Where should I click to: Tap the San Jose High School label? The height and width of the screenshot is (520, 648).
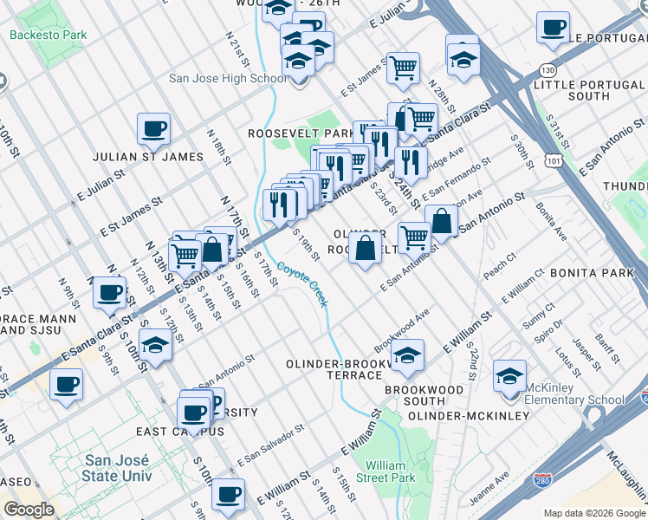coord(227,78)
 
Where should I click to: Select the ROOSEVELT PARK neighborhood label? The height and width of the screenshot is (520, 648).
coord(297,133)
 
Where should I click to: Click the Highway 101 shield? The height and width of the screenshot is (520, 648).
coord(553,159)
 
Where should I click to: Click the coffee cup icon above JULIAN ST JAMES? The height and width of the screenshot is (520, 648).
coord(154,129)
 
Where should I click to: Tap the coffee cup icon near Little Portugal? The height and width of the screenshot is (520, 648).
coord(552,28)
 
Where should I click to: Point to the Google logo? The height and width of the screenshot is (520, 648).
coord(29,510)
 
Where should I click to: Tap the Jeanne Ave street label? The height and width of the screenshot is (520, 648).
coord(489,490)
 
